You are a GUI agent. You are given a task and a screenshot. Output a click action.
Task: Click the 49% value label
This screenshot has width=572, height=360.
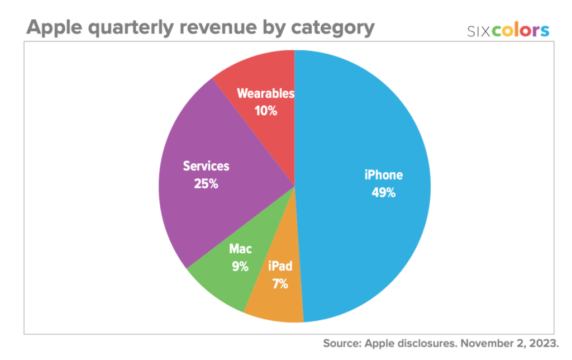click(383, 193)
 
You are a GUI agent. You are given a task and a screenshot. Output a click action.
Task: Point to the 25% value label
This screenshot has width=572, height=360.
click(206, 183)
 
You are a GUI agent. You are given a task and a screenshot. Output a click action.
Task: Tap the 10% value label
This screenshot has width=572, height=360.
click(265, 111)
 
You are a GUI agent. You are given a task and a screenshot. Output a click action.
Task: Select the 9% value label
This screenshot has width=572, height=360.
click(240, 267)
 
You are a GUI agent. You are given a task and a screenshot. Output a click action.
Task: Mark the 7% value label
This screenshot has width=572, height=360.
click(280, 283)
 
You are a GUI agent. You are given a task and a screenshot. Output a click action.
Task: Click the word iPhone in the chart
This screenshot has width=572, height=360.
click(383, 175)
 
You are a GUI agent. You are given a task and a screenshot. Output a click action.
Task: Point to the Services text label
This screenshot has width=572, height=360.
click(206, 166)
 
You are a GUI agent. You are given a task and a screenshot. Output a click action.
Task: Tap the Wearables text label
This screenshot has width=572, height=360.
click(265, 93)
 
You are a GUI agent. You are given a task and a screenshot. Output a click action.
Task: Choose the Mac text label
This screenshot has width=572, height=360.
click(240, 249)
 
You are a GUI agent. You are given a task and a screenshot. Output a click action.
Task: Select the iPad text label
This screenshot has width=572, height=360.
click(280, 266)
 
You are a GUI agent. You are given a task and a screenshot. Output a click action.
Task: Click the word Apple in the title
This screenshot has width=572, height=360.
click(56, 28)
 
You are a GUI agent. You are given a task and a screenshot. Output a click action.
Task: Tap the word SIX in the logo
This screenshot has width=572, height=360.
click(479, 31)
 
